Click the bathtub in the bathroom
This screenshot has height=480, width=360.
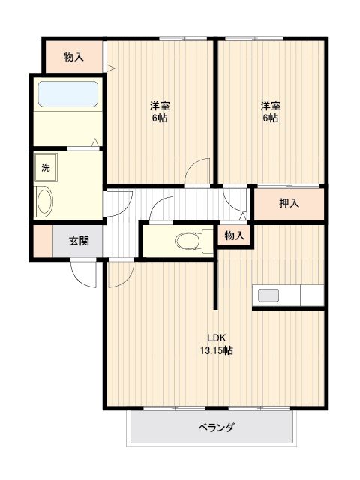(x=67, y=94)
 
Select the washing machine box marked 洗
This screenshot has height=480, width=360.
(x=45, y=167)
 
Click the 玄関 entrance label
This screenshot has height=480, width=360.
(x=79, y=241)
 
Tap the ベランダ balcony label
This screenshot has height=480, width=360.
(x=216, y=428)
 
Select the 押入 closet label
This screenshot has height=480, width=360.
(x=289, y=203)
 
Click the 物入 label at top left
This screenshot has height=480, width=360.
(x=73, y=56)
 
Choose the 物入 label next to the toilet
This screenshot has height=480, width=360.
(x=235, y=235)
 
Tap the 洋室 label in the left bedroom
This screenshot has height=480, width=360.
(x=158, y=105)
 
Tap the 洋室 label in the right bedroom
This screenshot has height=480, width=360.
(x=271, y=105)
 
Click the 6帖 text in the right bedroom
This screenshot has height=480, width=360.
(x=271, y=118)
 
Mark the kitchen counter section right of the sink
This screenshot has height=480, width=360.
(x=311, y=295)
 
